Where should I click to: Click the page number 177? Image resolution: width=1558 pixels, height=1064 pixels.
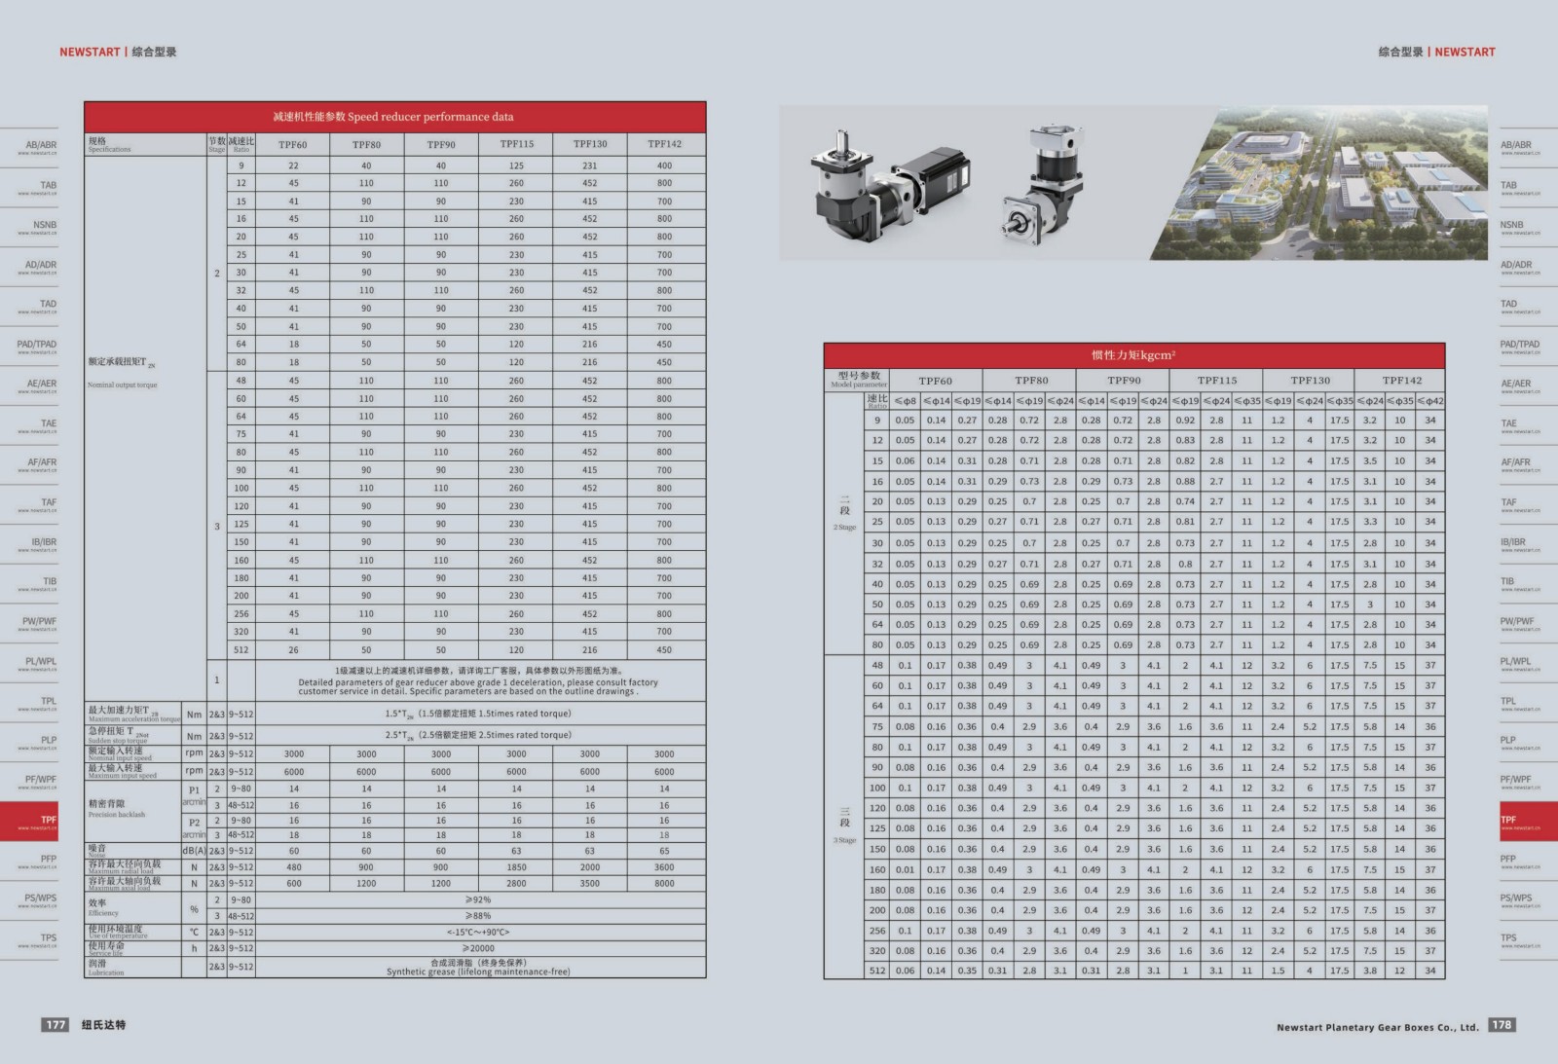coord(56,1025)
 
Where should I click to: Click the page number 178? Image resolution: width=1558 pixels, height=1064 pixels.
coord(1502,1025)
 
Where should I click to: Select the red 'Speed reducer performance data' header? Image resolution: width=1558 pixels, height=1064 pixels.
coord(394,117)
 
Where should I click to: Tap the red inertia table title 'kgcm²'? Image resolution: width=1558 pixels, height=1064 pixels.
coord(1133,355)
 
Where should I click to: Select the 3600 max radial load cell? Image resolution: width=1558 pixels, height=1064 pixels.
coord(664,866)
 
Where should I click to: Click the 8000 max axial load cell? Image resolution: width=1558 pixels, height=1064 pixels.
coord(664,884)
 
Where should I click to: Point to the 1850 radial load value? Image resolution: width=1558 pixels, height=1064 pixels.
coord(516,866)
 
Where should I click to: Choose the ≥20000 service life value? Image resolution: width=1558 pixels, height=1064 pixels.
coord(478,948)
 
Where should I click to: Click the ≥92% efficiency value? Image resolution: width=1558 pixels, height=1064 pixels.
coord(478,900)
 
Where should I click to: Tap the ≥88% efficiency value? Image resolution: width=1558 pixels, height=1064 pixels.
coord(478,916)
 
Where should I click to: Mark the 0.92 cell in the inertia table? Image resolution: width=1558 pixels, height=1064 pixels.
coord(1185,421)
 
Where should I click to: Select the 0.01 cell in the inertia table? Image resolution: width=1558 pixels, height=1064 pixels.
coord(906,870)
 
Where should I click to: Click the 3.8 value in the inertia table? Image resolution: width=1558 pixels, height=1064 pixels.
coord(1370,971)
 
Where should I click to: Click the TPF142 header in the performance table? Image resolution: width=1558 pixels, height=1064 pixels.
coord(664,144)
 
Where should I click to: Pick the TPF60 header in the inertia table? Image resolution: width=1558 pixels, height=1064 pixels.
coord(935,381)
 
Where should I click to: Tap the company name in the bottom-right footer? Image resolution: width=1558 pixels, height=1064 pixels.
coord(1377,1027)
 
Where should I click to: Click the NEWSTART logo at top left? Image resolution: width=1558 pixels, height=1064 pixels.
coord(90,53)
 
